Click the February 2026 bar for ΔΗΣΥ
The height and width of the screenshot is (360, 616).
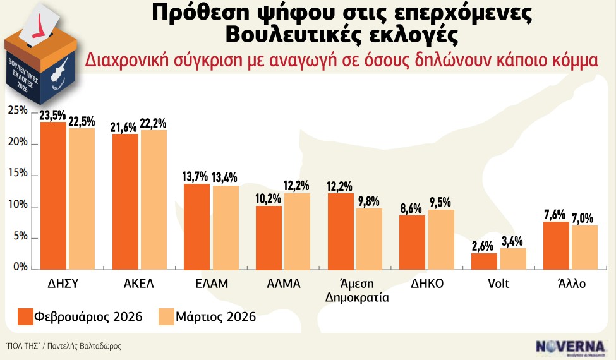[53, 195]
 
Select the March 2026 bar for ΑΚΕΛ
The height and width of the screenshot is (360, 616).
[154, 200]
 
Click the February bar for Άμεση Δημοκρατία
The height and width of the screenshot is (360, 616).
[341, 231]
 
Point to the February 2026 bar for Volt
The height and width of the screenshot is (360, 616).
[484, 260]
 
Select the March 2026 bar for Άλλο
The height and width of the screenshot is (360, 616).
[584, 247]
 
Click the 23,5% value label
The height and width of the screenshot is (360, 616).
[53, 116]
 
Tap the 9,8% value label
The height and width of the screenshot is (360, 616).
[370, 201]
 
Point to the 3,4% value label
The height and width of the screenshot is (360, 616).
[513, 241]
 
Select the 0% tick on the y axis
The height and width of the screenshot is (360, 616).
[20, 267]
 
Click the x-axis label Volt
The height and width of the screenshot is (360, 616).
[498, 284]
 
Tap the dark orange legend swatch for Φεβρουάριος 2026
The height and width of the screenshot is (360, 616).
[25, 316]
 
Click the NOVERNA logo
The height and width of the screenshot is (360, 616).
[569, 346]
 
